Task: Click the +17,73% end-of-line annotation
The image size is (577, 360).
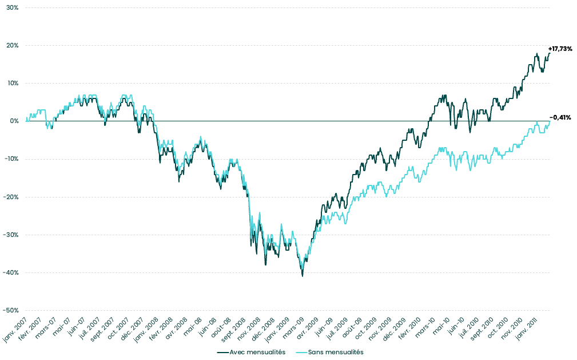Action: click(560, 49)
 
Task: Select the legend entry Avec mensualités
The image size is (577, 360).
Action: click(257, 352)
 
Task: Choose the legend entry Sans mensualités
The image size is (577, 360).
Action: click(335, 352)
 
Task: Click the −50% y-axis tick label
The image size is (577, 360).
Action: click(11, 310)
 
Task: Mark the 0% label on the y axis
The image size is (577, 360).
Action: click(14, 121)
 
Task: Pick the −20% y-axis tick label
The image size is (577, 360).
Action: click(11, 197)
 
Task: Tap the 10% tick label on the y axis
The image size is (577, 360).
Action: click(13, 84)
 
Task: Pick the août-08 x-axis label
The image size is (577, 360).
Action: click(220, 330)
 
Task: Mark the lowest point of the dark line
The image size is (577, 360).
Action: click(303, 276)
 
